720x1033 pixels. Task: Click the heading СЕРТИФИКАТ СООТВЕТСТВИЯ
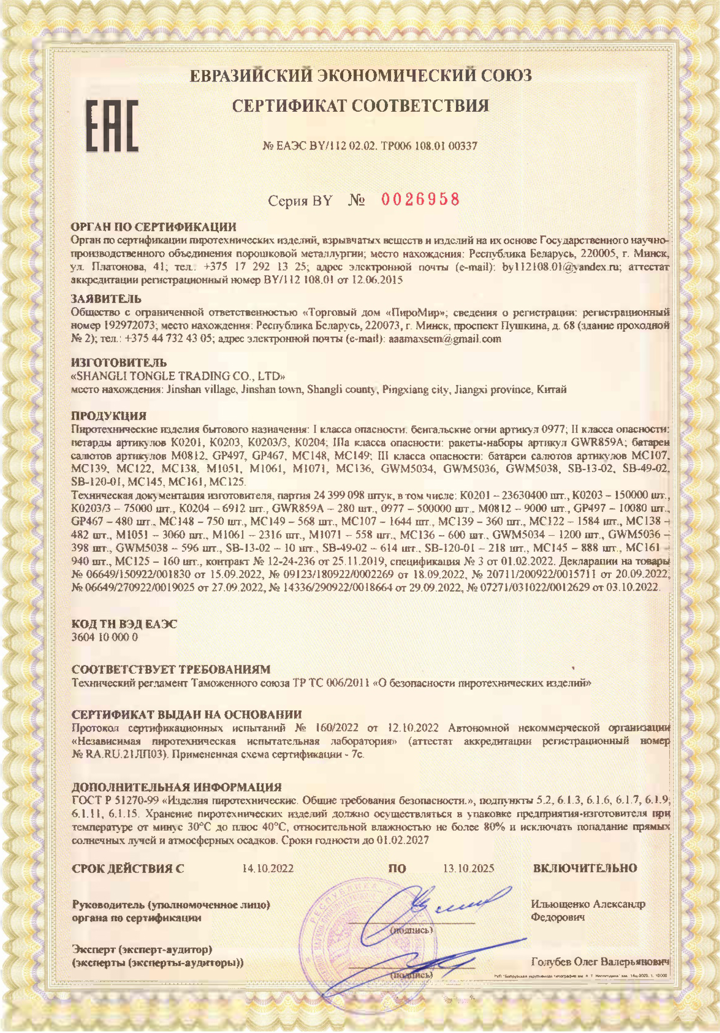pos(360,106)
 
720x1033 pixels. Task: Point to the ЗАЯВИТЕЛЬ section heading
pos(106,298)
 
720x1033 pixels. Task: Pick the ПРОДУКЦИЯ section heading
pos(109,415)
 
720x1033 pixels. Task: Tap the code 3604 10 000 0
pos(104,637)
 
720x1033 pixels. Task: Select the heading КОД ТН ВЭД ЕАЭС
pos(125,624)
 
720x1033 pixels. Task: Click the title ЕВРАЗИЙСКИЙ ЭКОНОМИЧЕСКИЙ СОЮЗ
pos(360,75)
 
